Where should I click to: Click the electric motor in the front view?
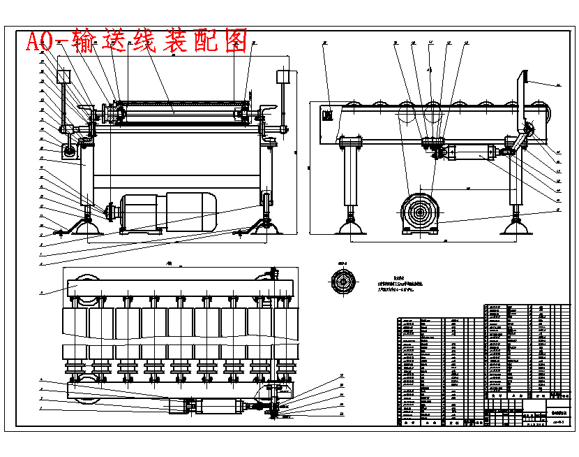click(x=167, y=211)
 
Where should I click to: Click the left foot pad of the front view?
click(x=87, y=226)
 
